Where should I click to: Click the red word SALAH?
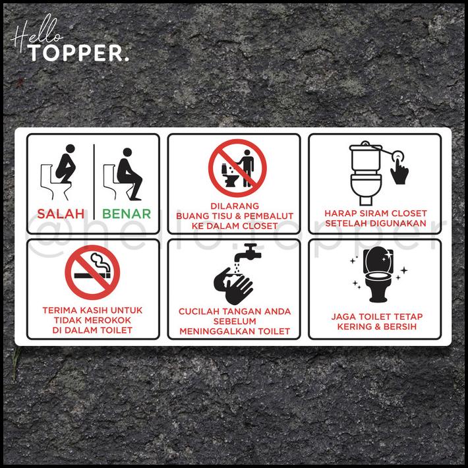point(61,214)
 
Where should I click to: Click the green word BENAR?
point(127,214)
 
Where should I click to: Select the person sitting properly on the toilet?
point(127,173)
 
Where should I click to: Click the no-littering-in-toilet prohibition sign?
point(237,169)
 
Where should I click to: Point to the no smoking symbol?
point(92,272)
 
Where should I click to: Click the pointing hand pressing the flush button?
point(399,167)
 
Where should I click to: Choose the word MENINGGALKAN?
point(221,331)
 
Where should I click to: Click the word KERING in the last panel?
point(355,326)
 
